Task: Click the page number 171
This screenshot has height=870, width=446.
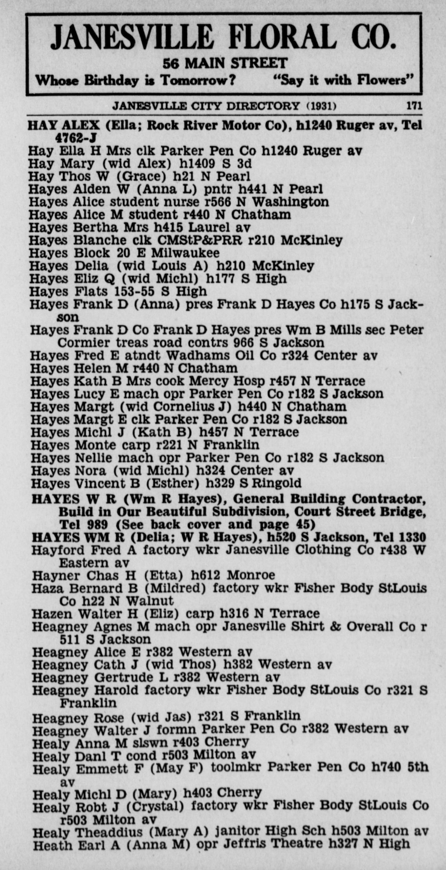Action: [414, 106]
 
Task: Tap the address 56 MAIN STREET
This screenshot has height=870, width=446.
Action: [225, 63]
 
